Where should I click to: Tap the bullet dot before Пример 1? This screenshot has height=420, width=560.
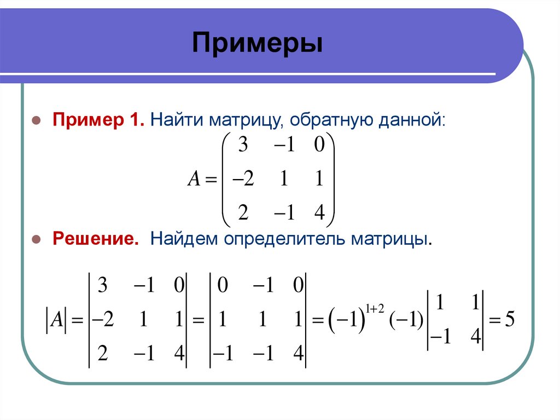tap(36, 120)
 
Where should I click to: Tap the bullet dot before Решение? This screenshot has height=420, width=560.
tap(36, 240)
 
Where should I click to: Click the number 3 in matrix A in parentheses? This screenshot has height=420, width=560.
tap(242, 146)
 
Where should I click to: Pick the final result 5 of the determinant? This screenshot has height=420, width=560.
tap(509, 319)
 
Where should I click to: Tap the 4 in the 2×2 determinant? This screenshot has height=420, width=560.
tap(474, 340)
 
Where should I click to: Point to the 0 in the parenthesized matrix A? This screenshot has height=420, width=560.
tap(319, 146)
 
